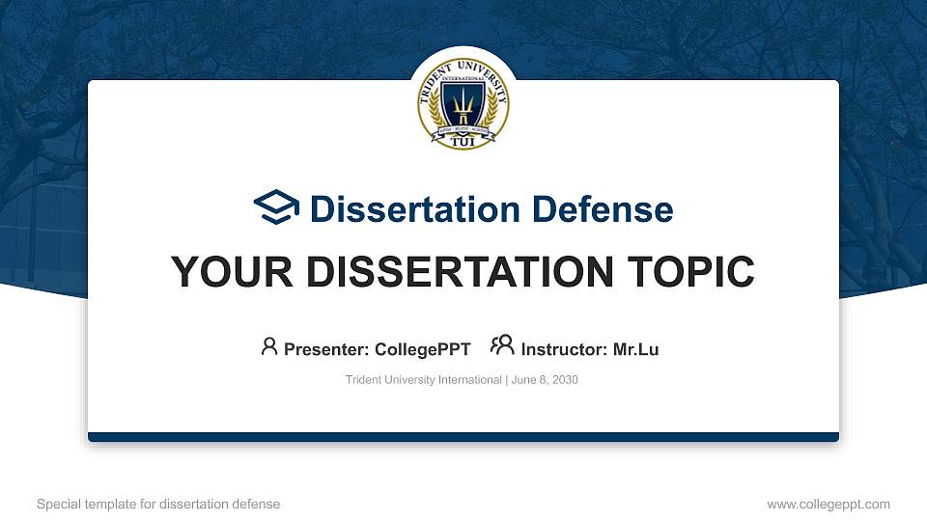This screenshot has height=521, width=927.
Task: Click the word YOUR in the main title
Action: point(223,272)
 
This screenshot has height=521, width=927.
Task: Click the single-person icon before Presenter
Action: point(269,346)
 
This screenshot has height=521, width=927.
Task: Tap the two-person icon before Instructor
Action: point(502,346)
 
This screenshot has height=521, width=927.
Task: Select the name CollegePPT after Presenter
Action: point(423,349)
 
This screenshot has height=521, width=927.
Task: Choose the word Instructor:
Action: point(564,349)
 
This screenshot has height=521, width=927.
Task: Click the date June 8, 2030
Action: point(544,380)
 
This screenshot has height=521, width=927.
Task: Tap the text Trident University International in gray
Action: point(423,380)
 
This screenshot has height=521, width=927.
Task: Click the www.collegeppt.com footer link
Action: point(828,504)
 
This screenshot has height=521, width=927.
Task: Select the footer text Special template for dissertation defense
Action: point(158,504)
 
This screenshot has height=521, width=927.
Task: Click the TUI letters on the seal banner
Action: point(463,142)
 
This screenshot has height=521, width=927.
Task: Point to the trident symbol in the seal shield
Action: point(463,101)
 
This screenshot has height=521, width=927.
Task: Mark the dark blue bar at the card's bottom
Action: point(463,437)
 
